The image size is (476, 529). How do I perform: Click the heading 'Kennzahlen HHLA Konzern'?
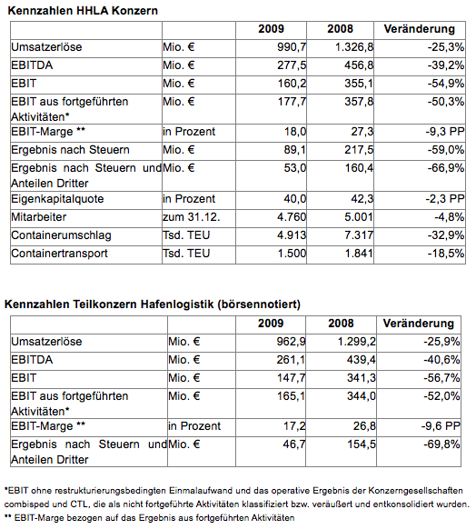[83, 11]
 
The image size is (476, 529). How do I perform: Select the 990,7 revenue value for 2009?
[292, 47]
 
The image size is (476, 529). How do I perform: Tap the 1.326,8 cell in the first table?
[354, 47]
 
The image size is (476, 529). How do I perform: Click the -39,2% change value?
[446, 65]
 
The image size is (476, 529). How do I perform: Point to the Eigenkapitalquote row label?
[57, 199]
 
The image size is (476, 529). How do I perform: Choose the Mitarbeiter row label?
[38, 217]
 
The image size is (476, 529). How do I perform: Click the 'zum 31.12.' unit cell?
[191, 217]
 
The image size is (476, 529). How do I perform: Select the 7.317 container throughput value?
[359, 235]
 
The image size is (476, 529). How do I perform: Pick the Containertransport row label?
[59, 254]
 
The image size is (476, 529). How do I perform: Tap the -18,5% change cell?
[446, 254]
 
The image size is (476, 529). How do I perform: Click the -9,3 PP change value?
[444, 132]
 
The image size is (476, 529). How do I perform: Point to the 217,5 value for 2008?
[359, 150]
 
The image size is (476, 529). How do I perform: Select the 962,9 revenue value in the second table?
[291, 342]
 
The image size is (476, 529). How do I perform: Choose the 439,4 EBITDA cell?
[361, 360]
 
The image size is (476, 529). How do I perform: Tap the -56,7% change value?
[441, 378]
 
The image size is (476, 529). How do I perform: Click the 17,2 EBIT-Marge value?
[294, 426]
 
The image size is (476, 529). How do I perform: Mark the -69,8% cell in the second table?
[441, 444]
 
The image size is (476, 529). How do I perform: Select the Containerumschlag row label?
[61, 235]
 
